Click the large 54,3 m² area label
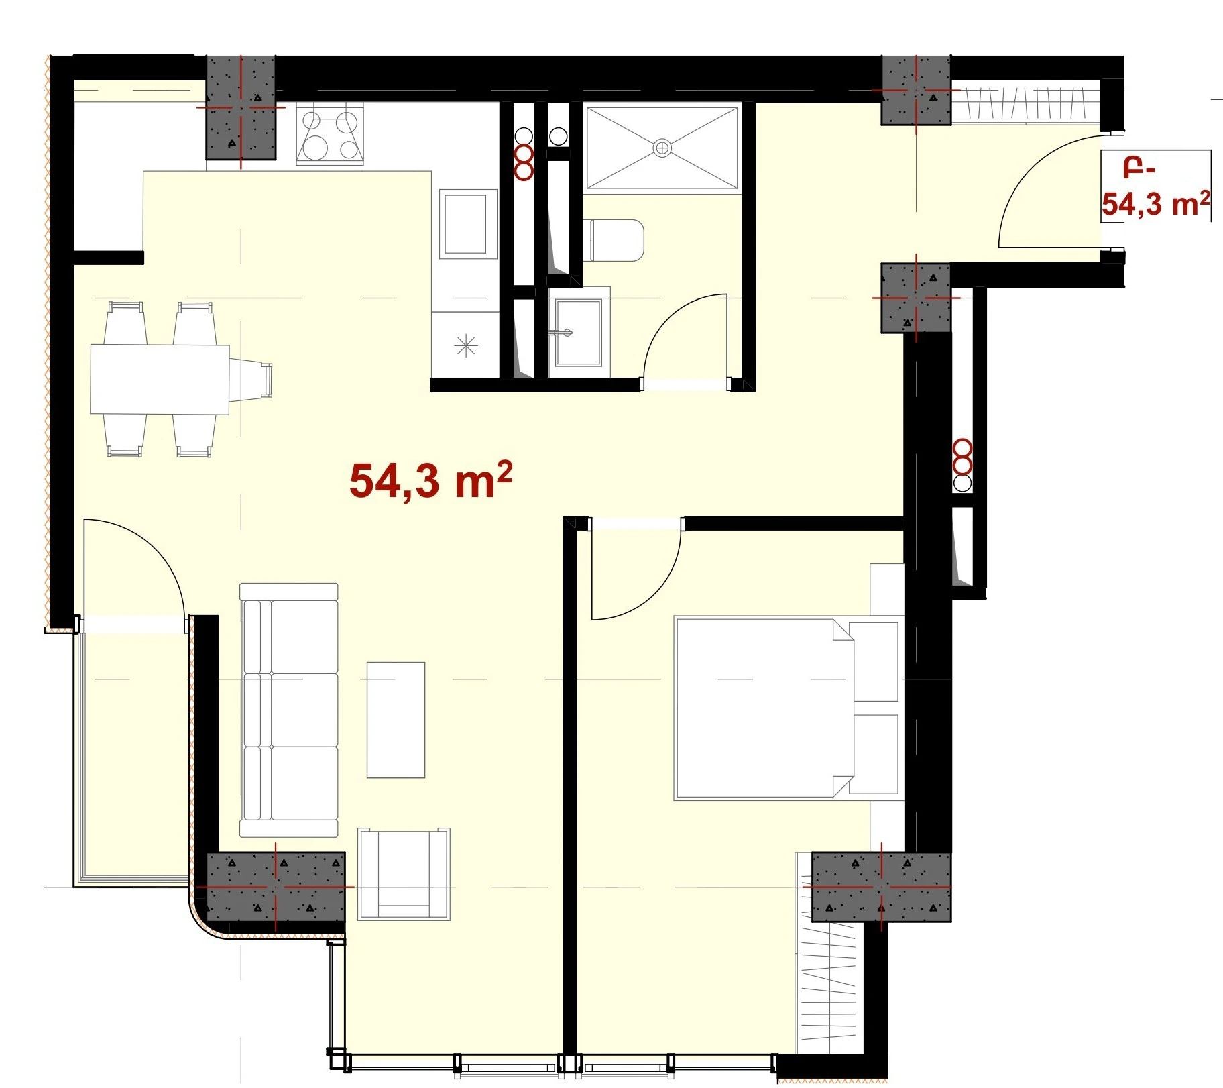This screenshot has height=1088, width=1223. point(431,480)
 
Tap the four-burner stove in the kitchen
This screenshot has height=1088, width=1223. point(329,134)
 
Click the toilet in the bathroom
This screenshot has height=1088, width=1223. point(616,239)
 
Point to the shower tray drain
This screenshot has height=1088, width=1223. point(662,148)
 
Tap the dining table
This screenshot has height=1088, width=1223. point(160,379)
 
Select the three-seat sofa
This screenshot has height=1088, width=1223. point(289,710)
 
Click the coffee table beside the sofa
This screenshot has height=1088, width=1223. point(396,720)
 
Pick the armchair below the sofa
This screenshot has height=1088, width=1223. point(404,873)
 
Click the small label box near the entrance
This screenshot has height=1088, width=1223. point(1156,186)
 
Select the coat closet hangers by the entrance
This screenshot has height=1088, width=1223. point(1025,103)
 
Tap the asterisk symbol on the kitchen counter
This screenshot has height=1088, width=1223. point(466,346)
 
